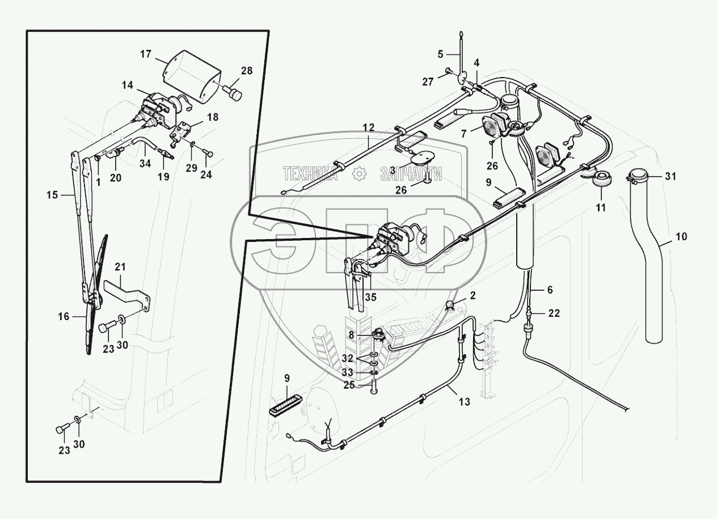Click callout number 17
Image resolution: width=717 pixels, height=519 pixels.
pos(146,54)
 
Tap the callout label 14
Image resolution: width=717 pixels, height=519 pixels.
pos(127,85)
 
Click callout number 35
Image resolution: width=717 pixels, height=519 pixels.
pos(370,296)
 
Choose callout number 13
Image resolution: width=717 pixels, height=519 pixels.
pos(464,402)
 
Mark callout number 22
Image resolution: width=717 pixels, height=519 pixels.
pos(554,312)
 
